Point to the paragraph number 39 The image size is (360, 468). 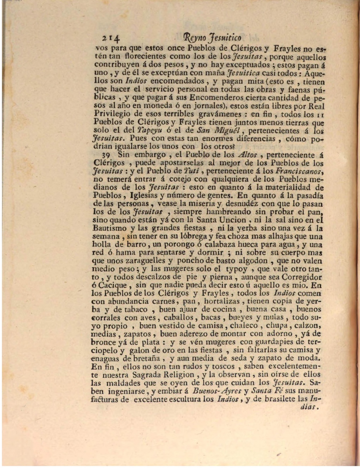point(107,155)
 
